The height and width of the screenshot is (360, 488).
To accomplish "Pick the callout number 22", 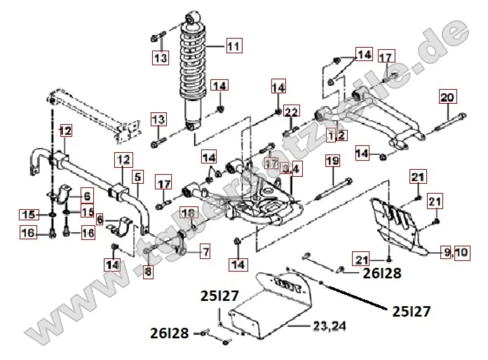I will click(292, 111).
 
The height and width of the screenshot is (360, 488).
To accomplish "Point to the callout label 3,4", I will click(290, 168).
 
